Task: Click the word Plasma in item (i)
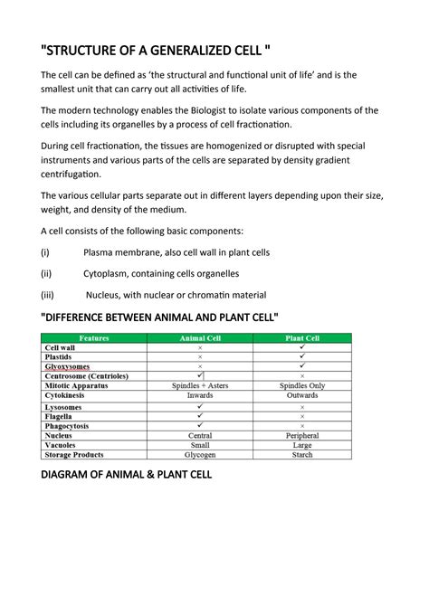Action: click(x=100, y=252)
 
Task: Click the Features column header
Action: click(x=94, y=338)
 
